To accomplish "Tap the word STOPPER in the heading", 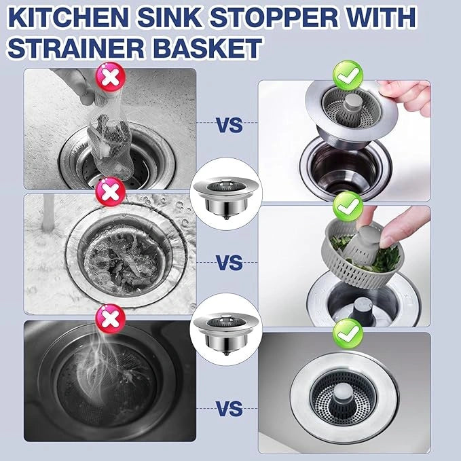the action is pos(275,17).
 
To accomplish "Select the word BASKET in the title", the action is pos(208,48).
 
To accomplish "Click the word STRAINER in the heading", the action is pos(76,48).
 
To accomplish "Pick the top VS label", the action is pos(229,125).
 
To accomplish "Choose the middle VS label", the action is pos(229,263).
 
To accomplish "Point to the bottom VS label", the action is pos(229,409).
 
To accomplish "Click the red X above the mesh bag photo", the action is pos(110,77).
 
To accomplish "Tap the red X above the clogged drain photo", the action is pos(110,191).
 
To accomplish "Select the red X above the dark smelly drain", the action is pos(110,318).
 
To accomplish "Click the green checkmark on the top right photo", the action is pos(348,75).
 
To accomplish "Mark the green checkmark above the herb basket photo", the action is pos(348,206).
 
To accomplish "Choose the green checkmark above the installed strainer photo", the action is pos(348,333).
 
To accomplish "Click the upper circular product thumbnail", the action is pos(226,194).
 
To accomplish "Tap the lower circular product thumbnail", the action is pos(226,329).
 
